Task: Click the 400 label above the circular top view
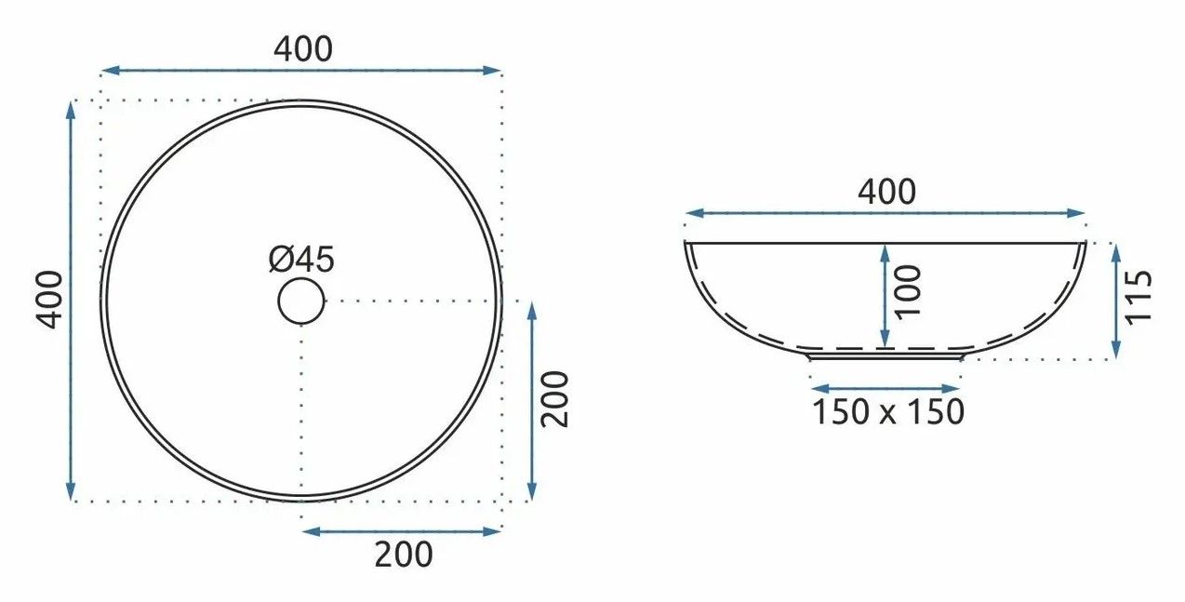[x=303, y=49]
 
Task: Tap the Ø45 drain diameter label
[x=301, y=260]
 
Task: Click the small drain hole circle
[x=301, y=301]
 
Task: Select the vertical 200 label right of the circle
[x=555, y=399]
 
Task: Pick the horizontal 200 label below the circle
[x=404, y=555]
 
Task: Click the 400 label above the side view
[x=886, y=192]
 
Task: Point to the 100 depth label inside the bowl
[x=909, y=292]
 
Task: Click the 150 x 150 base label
[x=888, y=411]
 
